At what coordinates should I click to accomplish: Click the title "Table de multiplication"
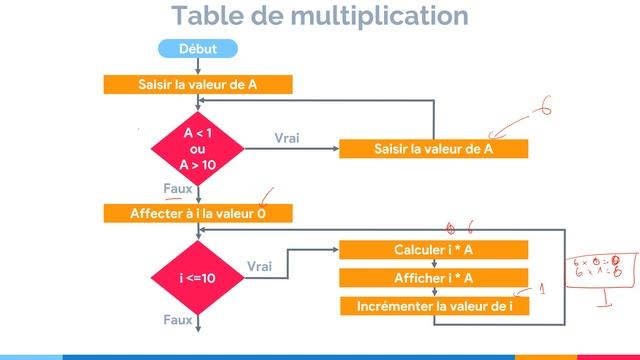[x=319, y=16]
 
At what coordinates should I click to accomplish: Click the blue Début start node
[x=198, y=48]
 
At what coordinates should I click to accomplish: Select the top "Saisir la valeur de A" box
[x=198, y=85]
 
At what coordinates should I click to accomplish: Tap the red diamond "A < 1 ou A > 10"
[x=198, y=148]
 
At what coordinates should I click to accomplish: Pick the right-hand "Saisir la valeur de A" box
[x=433, y=149]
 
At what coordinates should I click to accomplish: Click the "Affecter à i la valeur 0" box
[x=198, y=213]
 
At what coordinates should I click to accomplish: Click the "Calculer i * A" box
[x=433, y=249]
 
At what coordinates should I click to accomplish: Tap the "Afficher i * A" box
[x=433, y=278]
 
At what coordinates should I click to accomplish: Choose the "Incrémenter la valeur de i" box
[x=433, y=306]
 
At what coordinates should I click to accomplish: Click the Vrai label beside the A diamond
[x=287, y=138]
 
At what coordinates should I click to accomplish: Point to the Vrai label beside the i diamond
[x=259, y=266]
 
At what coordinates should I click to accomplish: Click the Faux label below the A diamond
[x=177, y=187]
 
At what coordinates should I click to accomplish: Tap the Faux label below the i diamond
[x=177, y=320]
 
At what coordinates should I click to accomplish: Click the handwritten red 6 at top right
[x=546, y=106]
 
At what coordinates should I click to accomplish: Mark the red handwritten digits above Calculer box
[x=459, y=227]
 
